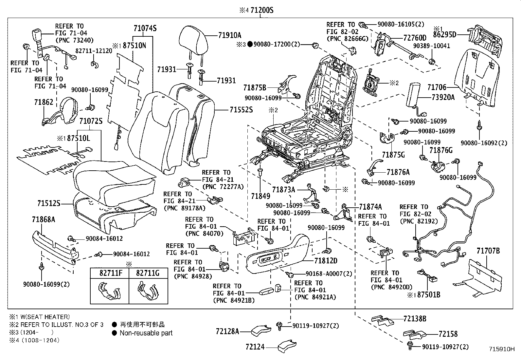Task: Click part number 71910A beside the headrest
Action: [x=229, y=35]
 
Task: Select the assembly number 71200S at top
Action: [x=261, y=10]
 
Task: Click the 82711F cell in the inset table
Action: [x=109, y=273]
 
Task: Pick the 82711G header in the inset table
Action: [x=148, y=273]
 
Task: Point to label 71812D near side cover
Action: [x=326, y=261]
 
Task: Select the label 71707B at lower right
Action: [x=488, y=251]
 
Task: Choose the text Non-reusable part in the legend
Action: [x=146, y=333]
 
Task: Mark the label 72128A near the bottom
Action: [x=227, y=332]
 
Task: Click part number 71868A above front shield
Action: [x=44, y=219]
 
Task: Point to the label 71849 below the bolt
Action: [x=260, y=196]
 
